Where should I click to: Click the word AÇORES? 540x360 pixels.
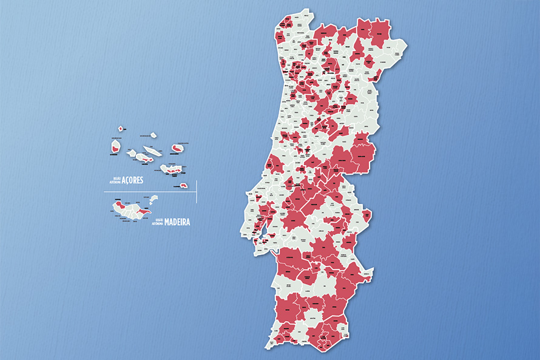[x=138, y=180]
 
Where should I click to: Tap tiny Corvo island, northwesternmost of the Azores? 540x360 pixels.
[x=121, y=129]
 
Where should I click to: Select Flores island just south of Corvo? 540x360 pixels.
[x=115, y=146]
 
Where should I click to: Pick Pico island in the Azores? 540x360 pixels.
[x=143, y=158]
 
